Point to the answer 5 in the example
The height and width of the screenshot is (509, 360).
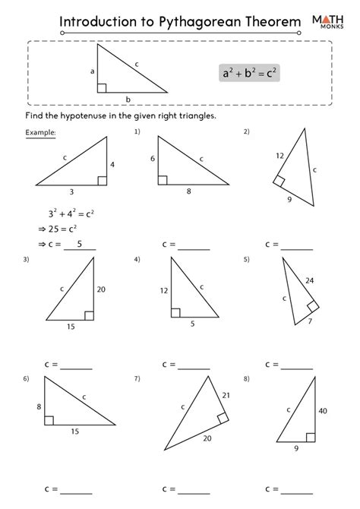click(81, 243)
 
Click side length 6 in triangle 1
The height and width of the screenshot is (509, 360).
click(153, 159)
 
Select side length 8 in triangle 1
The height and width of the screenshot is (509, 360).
click(188, 192)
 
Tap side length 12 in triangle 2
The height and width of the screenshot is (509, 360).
click(279, 156)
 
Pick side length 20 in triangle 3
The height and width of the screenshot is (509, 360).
click(100, 289)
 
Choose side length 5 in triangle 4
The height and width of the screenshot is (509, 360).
click(192, 324)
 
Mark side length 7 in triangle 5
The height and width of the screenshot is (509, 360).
click(309, 322)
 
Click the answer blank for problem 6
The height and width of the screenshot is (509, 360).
click(76, 489)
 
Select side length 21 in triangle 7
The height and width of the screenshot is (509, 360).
click(226, 395)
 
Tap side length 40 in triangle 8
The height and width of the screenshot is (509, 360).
click(322, 411)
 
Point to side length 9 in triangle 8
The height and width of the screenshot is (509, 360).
click(296, 448)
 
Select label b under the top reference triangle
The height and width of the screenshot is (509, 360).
click(128, 99)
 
